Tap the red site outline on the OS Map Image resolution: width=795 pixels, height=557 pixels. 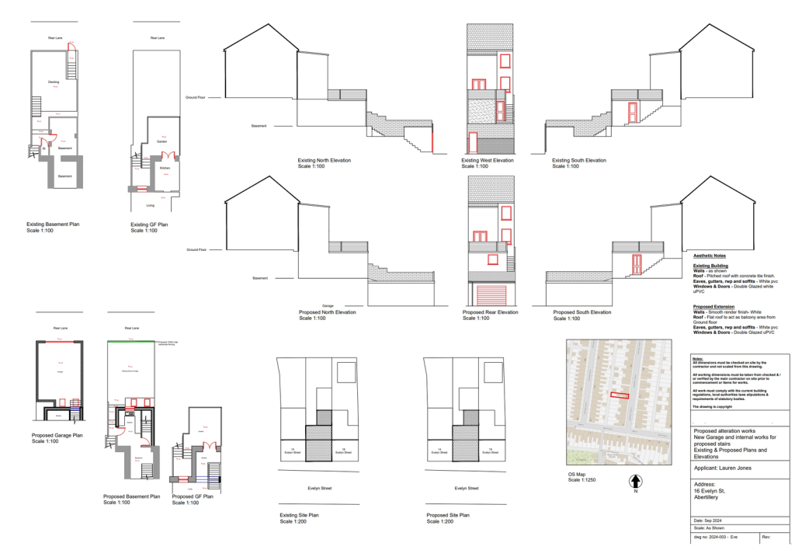[618, 395]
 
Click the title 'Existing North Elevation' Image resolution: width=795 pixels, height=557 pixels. [325, 160]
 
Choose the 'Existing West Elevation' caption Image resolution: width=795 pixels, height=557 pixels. [488, 160]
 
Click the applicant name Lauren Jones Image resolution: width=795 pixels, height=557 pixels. [722, 468]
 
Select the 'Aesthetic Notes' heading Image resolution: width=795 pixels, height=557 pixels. [710, 255]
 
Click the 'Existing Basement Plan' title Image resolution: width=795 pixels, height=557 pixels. [53, 224]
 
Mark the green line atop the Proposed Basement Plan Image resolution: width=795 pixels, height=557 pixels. [130, 341]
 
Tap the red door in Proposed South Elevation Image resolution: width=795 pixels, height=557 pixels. [636, 264]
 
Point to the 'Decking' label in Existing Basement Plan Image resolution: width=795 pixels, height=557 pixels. [54, 82]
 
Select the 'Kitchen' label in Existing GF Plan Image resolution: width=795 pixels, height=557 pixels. [165, 168]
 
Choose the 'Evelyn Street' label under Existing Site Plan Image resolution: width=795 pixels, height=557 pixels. [313, 489]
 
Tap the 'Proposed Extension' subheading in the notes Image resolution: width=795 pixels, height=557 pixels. [713, 307]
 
